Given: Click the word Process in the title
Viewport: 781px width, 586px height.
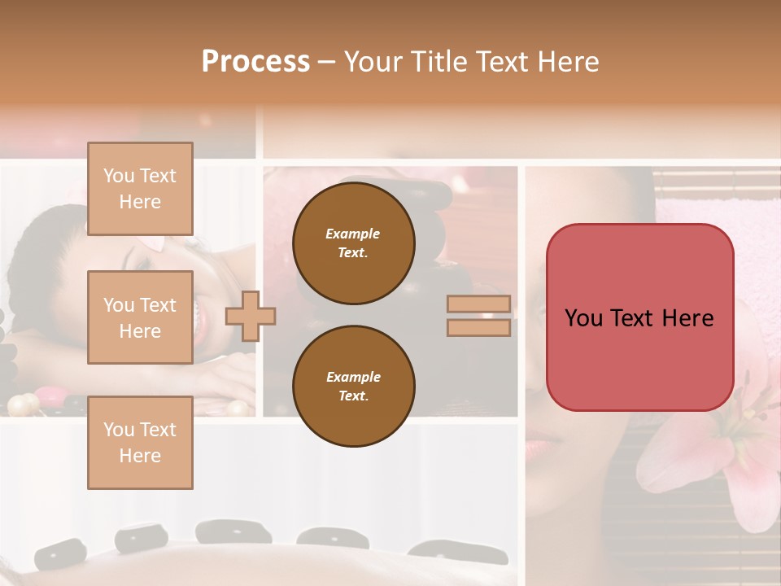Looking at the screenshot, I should coord(255,62).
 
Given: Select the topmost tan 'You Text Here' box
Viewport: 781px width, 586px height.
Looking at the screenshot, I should coord(140,189).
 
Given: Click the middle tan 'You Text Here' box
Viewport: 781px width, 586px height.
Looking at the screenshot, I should coord(140,317).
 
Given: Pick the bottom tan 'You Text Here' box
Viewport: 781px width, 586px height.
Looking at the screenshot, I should coord(140,443).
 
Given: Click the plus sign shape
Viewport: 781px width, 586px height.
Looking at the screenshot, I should coord(251,315).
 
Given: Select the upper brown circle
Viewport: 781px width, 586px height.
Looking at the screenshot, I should coord(353,243).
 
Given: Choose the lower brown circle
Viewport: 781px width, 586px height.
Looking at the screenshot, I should coord(353,387).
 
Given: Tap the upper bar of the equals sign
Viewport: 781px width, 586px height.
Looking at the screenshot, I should coord(478,304).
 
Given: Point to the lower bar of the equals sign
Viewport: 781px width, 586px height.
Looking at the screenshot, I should coord(478,327).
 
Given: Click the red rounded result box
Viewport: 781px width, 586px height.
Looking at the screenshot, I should coord(639,317).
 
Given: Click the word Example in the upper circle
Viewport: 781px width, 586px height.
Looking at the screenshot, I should coord(352,234).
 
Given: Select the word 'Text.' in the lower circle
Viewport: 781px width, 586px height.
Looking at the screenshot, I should coord(352,396).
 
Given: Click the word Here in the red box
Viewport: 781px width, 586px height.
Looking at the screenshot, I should coord(687,318).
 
